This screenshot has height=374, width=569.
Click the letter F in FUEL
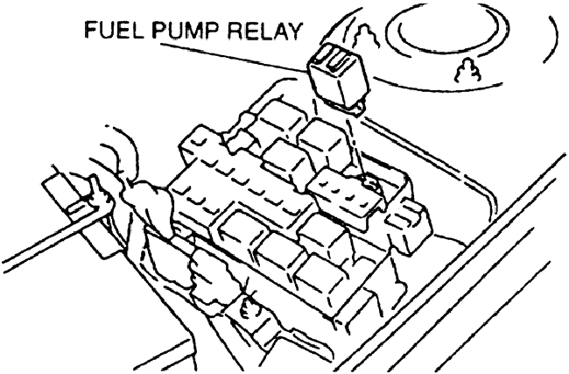coord(91,32)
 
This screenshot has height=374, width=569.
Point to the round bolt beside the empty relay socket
coord(370,186)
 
